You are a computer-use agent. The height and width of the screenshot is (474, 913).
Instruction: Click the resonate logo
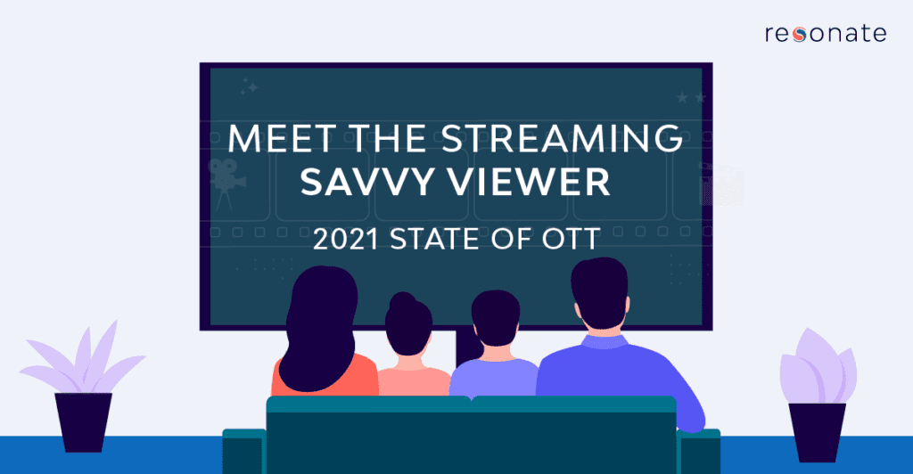pyautogui.click(x=825, y=34)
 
